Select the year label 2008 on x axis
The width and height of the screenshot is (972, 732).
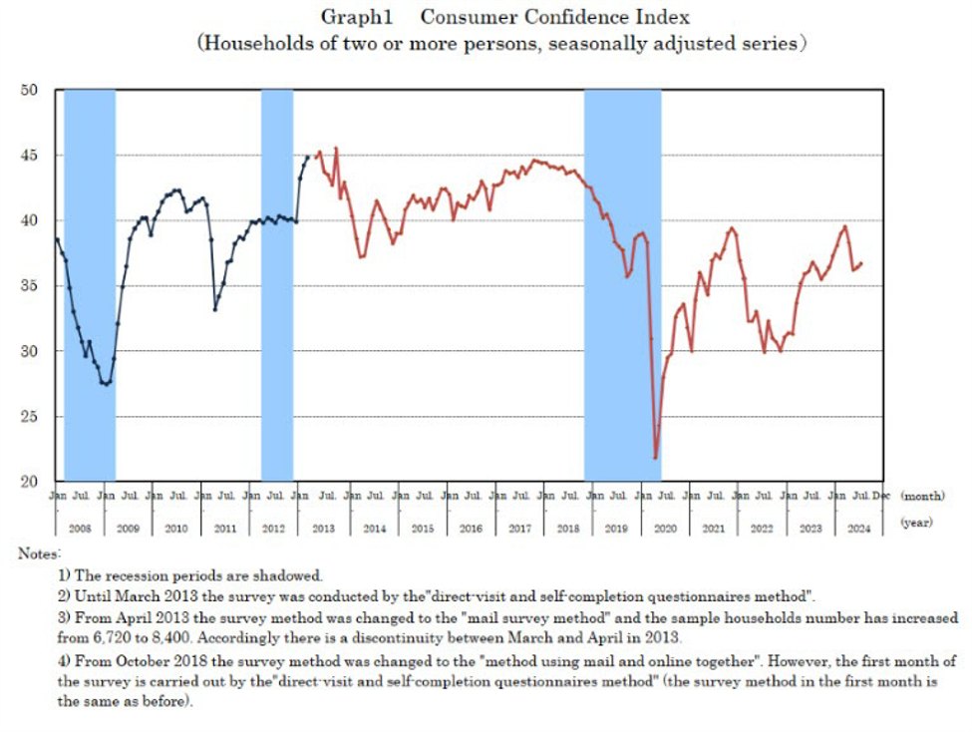[x=79, y=529]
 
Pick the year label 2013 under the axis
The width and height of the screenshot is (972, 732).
[x=322, y=529]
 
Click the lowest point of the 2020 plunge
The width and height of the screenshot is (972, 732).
[x=655, y=458]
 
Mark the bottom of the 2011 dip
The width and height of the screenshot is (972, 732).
[x=215, y=309]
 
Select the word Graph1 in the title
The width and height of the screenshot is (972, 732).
[x=348, y=18]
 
